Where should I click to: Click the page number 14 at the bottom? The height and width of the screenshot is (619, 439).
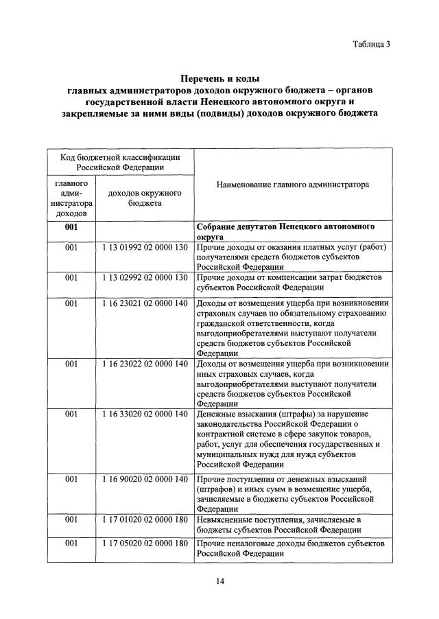click(x=219, y=581)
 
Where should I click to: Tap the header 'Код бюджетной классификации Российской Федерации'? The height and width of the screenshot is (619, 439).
click(x=120, y=162)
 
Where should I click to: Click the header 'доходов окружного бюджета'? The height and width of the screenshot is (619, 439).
click(x=145, y=198)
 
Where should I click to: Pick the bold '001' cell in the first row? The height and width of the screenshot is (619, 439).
click(x=71, y=226)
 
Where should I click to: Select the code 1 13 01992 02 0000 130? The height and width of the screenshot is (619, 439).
click(x=145, y=247)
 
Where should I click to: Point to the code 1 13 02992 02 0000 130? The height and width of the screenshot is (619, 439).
click(x=145, y=277)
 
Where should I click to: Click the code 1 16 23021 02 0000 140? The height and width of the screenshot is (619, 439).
click(x=145, y=303)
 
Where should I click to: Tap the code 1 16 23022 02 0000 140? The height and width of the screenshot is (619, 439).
click(x=145, y=364)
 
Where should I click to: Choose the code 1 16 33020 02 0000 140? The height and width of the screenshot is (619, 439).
click(x=145, y=414)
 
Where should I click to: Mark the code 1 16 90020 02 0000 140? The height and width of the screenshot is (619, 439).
click(x=145, y=478)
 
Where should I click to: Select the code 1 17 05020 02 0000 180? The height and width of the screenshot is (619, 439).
click(x=145, y=544)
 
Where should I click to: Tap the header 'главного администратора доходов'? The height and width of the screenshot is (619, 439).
click(x=71, y=198)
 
